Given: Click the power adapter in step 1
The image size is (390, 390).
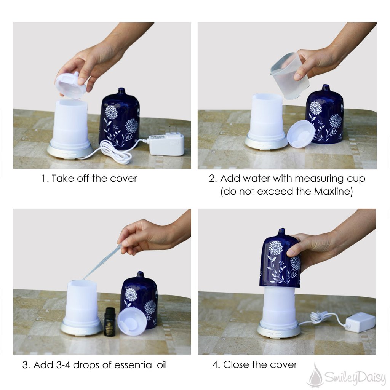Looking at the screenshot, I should click(167, 144).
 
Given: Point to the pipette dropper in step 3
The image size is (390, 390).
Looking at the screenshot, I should click(102, 262).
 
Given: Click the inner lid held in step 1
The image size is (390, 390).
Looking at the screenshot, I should click(71, 84).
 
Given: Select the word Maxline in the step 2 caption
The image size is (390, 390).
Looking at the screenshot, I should click(333, 192).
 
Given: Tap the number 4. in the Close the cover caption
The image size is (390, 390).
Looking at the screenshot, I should click(216, 364).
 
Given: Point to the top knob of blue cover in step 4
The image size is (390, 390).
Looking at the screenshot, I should click(281, 232).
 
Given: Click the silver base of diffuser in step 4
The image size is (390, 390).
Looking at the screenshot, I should click(278, 331).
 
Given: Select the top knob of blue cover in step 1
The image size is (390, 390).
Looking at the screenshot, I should click(121, 91).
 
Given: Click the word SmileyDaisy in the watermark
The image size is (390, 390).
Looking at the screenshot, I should click(355, 378).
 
